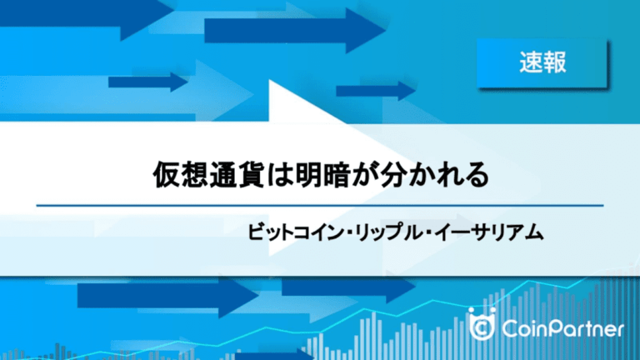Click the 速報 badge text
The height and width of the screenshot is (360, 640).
tap(542, 62)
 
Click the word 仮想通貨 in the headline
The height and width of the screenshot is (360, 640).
tap(208, 175)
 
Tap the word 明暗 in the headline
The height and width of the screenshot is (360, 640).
tap(322, 175)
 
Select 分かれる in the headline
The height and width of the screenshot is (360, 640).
tap(435, 175)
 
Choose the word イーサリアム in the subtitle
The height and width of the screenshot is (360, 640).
tap(489, 232)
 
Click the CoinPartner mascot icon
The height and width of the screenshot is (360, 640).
tap(482, 324)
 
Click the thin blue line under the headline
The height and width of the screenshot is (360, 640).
tap(320, 206)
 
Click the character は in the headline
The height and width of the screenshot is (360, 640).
tap(280, 175)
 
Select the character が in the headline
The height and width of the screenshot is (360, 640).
tap(365, 175)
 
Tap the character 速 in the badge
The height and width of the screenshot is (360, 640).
tap(531, 62)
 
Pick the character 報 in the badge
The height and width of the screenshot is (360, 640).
tap(555, 62)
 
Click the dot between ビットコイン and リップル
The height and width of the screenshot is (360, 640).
tap(349, 233)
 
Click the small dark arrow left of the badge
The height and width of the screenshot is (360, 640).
tap(376, 91)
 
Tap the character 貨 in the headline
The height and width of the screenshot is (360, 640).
tap(251, 175)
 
